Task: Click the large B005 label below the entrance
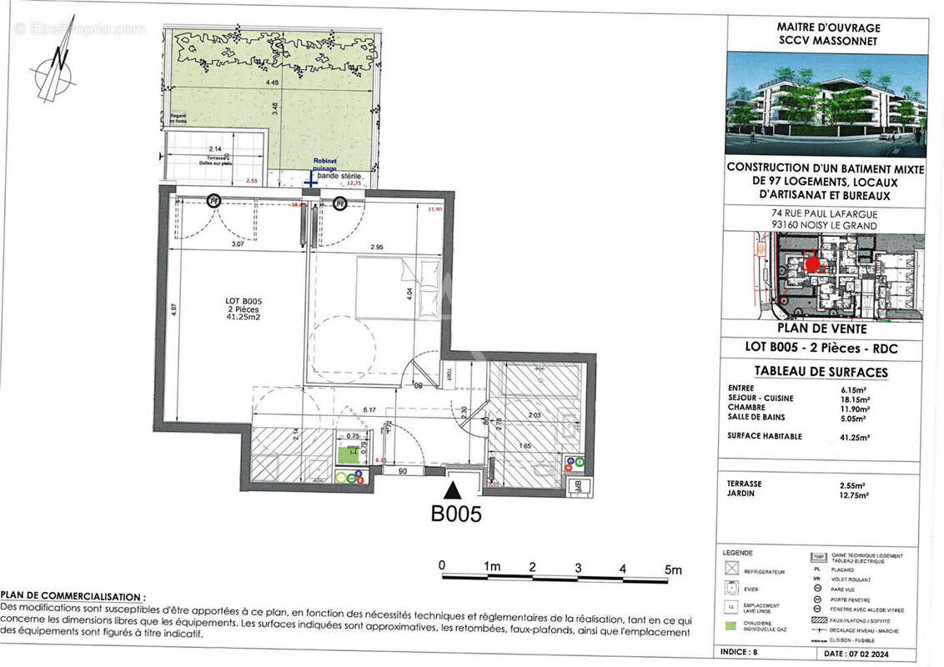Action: coord(455,514)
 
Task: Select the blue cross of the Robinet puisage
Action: coord(309,179)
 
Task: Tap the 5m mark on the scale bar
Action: coord(672,569)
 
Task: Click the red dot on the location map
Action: coord(812,265)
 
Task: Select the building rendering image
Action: coord(826,104)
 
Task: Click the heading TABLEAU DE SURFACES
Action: coord(821,372)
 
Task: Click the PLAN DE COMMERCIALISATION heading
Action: coord(73,597)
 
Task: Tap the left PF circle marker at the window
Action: coord(214,201)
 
